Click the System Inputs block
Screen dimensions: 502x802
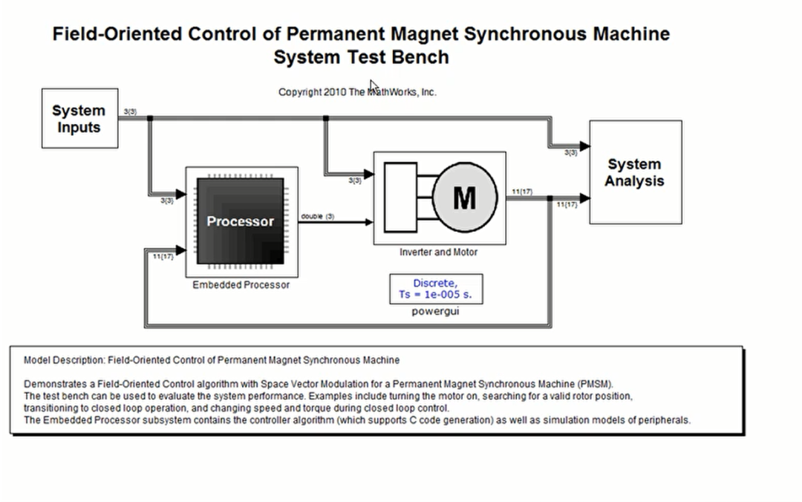pos(79,119)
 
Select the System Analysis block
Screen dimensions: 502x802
pos(635,172)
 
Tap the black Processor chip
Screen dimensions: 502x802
pos(240,221)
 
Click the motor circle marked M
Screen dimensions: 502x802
pos(463,198)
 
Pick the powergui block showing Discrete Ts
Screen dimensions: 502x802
pos(436,289)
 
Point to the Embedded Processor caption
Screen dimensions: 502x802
pos(241,285)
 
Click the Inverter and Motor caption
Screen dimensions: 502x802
pos(438,252)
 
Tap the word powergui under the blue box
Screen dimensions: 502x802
pos(435,311)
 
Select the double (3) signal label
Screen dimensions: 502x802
pos(317,216)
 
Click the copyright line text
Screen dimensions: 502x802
pos(357,92)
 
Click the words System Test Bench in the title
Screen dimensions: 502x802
pos(361,57)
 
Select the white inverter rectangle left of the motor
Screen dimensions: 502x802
pos(401,197)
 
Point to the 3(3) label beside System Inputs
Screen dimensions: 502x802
pos(129,112)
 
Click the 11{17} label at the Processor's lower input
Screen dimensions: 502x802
pos(163,256)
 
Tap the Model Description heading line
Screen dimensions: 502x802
pos(211,360)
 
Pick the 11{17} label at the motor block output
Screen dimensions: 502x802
pos(521,192)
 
